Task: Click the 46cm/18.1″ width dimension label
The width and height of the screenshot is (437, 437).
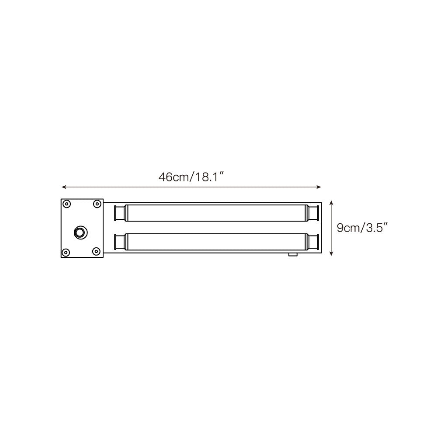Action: point(191,177)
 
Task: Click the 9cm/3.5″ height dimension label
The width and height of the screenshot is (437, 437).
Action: point(362,228)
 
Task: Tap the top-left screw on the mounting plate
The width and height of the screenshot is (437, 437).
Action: point(66,204)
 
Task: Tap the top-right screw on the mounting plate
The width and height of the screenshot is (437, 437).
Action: point(97,204)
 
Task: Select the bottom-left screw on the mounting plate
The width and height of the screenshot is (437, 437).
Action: point(66,252)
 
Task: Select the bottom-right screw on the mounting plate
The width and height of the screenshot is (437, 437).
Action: point(96,252)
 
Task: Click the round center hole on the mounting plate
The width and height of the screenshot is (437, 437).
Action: point(81,232)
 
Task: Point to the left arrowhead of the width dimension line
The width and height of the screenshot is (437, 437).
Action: point(64,187)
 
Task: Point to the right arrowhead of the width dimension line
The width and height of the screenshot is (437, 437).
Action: point(319,187)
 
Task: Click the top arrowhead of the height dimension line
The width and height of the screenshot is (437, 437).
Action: point(331,203)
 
